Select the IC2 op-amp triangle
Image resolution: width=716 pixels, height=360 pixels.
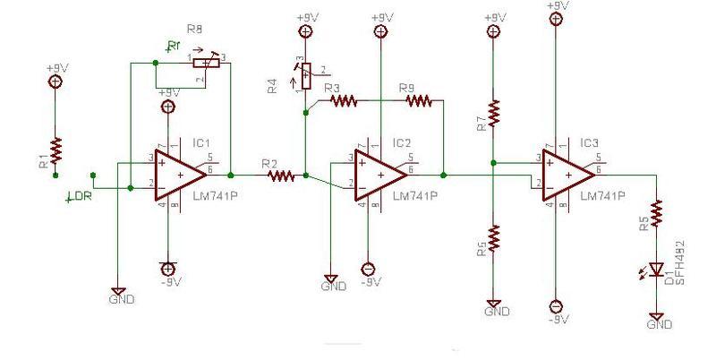377,176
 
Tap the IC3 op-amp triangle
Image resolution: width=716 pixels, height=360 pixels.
565,176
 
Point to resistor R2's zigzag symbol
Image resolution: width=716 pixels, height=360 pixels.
281,176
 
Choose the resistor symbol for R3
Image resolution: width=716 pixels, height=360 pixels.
345,101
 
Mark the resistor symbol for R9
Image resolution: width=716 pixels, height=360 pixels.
419,101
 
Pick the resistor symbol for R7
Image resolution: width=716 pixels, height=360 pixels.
493,113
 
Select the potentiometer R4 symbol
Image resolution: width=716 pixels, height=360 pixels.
306,77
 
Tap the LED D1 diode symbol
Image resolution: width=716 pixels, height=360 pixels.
658,269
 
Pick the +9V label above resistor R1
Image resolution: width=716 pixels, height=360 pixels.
55,66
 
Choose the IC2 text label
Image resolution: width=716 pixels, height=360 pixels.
402,142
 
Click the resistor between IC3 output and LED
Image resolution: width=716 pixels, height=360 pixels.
658,214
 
